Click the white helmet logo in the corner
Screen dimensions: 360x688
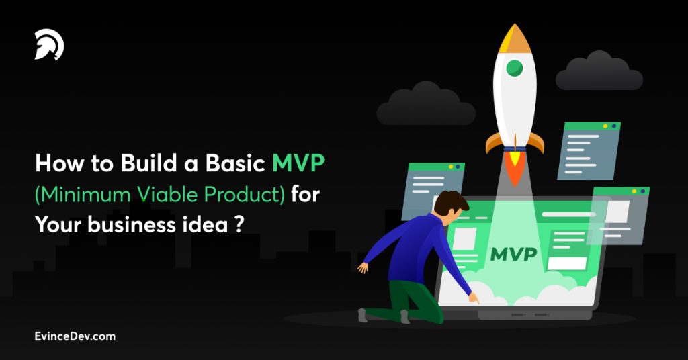(49, 46)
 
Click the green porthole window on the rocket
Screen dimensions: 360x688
(515, 67)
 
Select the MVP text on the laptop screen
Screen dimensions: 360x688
(514, 254)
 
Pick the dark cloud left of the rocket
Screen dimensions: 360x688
(425, 104)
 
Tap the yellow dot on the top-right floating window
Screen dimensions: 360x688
(605, 126)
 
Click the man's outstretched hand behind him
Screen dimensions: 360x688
(363, 267)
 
